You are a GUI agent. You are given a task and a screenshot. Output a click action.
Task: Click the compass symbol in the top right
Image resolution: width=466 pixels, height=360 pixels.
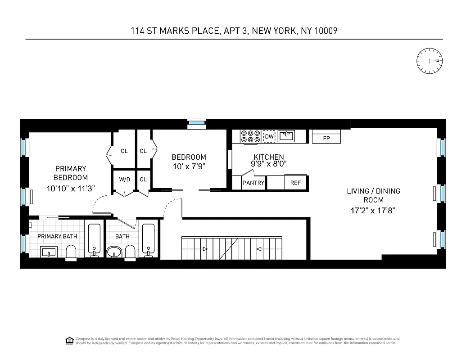pos(430,61)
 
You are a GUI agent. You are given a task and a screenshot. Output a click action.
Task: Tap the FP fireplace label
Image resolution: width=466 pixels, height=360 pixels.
pos(326,139)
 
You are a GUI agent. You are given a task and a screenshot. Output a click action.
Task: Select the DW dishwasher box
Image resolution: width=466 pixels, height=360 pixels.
pos(269,136)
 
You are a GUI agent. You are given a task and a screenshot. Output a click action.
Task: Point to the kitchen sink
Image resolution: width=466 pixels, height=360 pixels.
pos(286,135)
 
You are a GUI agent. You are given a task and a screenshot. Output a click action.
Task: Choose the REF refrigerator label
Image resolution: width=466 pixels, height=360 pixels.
pos(295,183)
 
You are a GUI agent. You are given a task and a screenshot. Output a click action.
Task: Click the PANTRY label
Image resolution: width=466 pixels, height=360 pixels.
pos(253,183)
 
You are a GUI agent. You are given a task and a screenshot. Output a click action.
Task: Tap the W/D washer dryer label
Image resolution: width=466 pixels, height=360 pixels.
pos(124,180)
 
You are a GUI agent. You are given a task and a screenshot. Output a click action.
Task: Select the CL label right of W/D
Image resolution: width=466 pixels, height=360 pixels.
pos(143,180)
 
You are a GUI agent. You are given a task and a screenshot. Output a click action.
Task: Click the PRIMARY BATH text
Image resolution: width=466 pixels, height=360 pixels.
pos(57,236)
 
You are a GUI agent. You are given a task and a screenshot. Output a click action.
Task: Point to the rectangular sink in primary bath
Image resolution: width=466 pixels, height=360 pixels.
pos(49,252)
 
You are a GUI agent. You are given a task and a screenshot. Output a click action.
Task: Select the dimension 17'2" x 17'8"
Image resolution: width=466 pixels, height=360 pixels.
pos(373,210)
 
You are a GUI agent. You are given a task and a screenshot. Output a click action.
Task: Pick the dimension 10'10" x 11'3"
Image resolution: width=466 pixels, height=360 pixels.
pos(70,188)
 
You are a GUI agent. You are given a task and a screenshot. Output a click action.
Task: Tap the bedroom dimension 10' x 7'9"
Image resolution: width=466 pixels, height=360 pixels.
pos(189,166)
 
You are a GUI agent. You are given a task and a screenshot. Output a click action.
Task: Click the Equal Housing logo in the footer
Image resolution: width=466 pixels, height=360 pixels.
pos(69,340)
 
